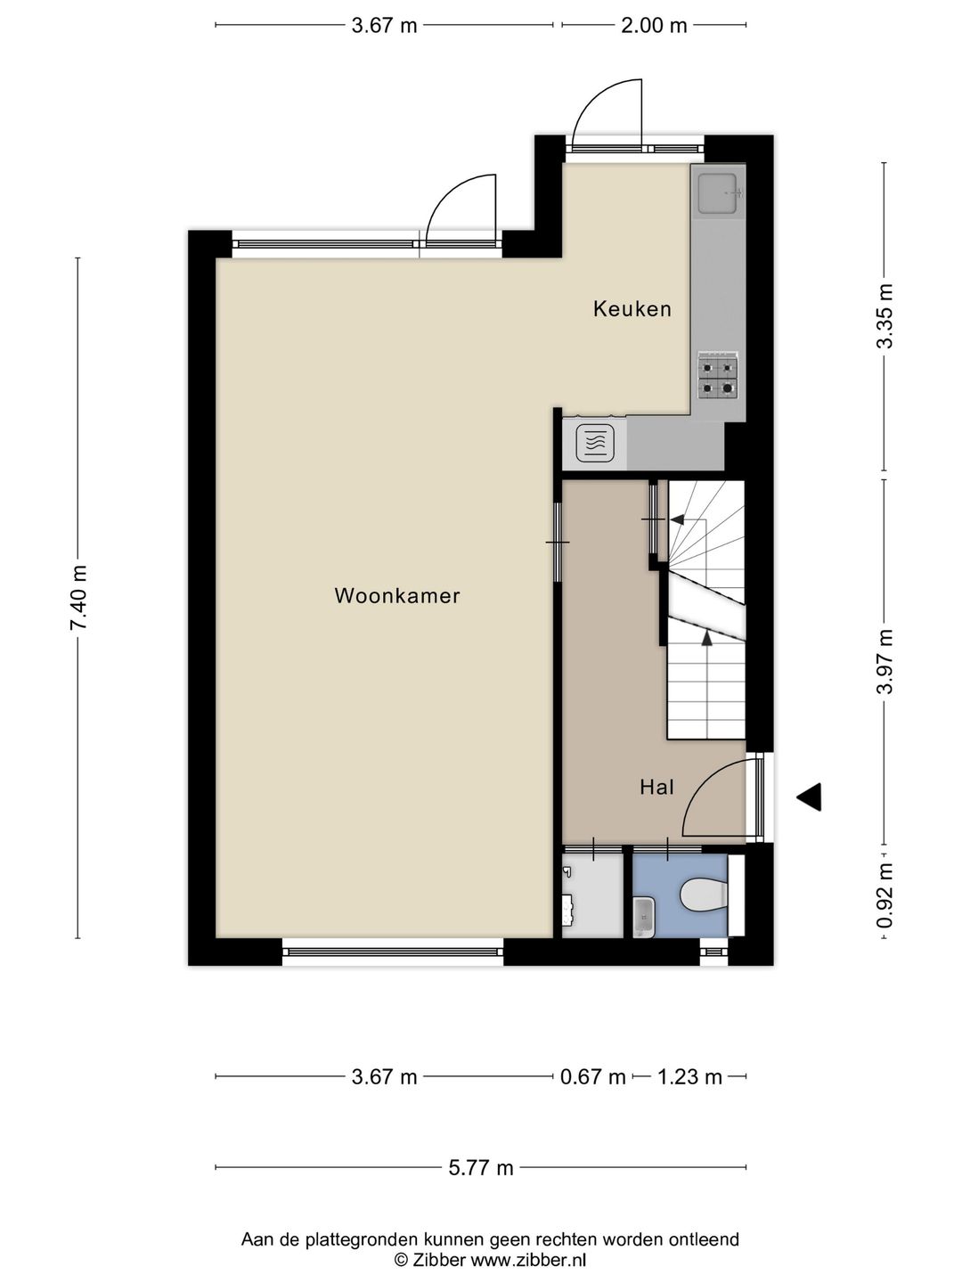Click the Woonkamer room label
(x=397, y=596)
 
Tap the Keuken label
(x=632, y=308)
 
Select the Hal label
(x=656, y=787)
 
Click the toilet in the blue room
(x=704, y=895)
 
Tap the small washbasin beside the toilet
(x=644, y=917)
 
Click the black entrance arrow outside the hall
(x=810, y=797)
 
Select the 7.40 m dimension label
(x=78, y=597)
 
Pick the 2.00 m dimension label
(x=654, y=26)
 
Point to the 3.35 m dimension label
(x=885, y=315)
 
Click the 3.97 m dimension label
(x=885, y=661)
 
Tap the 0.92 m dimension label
(x=885, y=895)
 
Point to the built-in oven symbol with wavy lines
(x=595, y=443)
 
